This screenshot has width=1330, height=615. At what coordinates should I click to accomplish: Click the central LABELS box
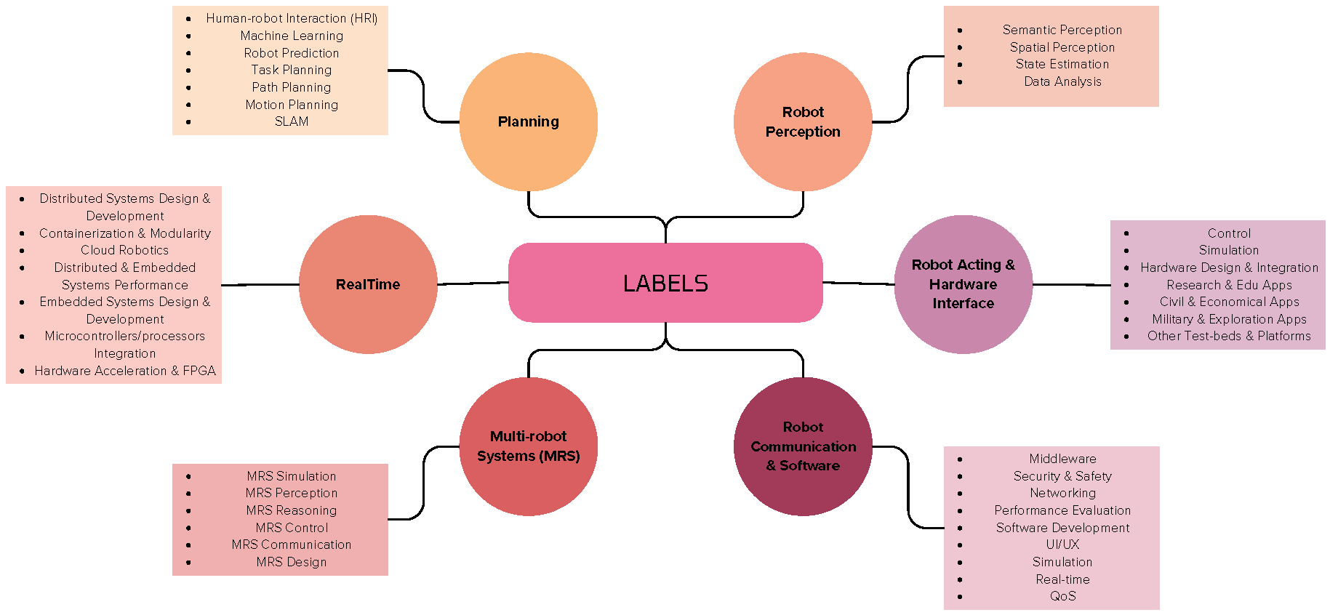point(665,283)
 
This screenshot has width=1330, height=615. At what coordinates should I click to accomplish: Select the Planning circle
point(528,121)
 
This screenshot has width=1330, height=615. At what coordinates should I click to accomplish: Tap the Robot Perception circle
point(803,121)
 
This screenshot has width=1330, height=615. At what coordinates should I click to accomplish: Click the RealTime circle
point(368,284)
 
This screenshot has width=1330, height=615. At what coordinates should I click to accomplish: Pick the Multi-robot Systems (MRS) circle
point(528,446)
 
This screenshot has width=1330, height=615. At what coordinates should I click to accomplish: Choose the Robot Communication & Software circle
point(803,446)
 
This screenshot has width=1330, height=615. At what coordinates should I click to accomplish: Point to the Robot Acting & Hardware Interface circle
point(963,284)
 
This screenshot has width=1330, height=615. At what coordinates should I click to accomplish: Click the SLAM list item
point(292,121)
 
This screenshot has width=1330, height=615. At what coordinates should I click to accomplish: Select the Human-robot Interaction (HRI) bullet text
point(292,18)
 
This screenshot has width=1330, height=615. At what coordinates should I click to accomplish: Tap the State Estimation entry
point(1062,64)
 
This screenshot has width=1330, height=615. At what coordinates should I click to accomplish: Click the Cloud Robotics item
point(124,250)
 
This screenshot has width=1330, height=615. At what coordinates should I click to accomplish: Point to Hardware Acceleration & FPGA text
point(125,371)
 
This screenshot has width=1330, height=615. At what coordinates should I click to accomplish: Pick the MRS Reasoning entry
point(292,510)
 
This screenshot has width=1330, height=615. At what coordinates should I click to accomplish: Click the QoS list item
point(1062,596)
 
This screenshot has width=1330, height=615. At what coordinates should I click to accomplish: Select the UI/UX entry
point(1062,544)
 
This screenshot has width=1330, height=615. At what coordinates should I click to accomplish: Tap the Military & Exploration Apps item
point(1229,319)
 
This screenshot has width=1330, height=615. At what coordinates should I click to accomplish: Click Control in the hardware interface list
point(1229,233)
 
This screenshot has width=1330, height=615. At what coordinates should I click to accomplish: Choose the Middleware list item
point(1062,459)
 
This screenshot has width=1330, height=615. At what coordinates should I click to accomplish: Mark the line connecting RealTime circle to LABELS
point(473,283)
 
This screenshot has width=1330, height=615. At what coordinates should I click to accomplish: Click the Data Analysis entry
point(1062,81)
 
